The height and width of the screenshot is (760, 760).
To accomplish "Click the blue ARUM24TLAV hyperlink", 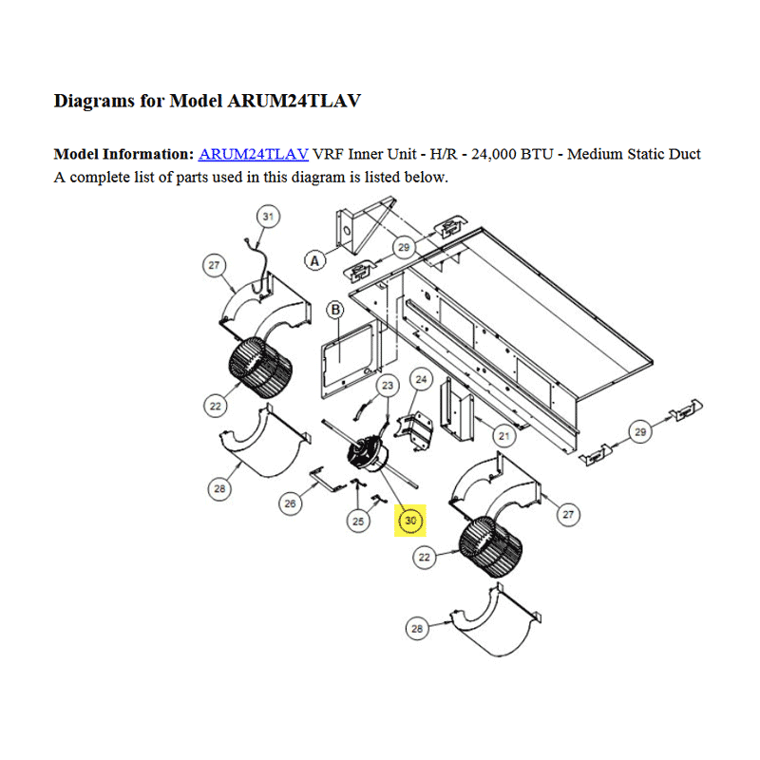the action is click(254, 154).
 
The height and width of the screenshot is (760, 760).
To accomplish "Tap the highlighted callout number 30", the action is click(410, 521).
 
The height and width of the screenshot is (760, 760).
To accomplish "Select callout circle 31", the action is click(268, 217).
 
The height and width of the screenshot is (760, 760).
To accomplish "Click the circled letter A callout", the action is click(315, 260).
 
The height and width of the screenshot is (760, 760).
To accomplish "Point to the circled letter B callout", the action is click(335, 310).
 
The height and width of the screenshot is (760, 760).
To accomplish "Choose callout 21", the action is click(504, 436).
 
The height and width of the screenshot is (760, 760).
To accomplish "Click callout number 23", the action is click(388, 386).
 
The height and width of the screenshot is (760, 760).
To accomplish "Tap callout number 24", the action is click(421, 379).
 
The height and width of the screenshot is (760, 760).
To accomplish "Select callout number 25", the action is click(358, 522).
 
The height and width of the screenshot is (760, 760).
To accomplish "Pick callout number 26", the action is click(291, 503).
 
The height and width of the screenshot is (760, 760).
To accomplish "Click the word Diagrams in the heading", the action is click(94, 102).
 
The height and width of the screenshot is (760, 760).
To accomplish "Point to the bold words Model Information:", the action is click(123, 154).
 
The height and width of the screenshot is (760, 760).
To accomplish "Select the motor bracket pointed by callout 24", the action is click(414, 431).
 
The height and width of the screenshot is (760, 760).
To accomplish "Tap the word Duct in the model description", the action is click(684, 154).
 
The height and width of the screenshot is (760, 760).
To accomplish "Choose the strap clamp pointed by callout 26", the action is click(328, 481).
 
